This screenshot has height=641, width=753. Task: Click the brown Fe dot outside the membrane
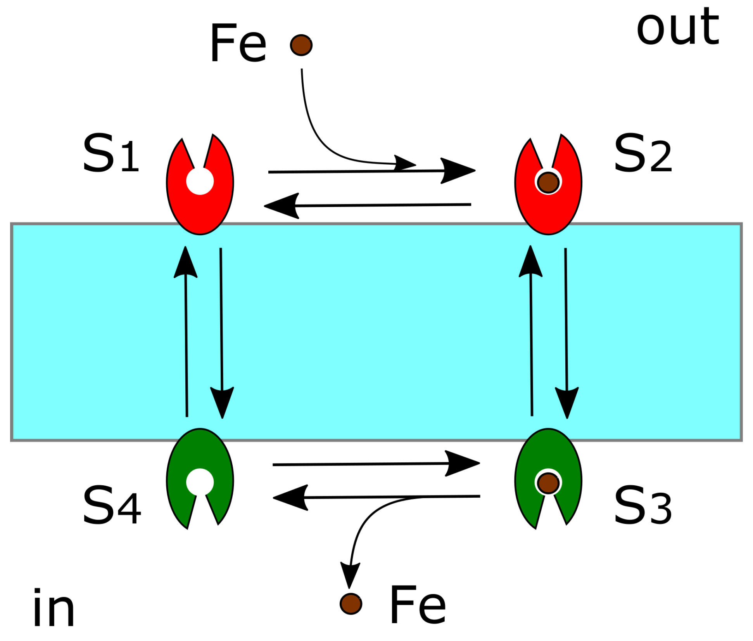tap(301, 45)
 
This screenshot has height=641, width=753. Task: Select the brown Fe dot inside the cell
tap(351, 604)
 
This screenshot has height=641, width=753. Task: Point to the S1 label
tap(111, 153)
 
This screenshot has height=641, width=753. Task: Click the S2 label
tap(642, 153)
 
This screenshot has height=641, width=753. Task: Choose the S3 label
tap(642, 506)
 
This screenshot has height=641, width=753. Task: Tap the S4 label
tap(112, 506)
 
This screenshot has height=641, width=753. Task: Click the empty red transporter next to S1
tap(200, 210)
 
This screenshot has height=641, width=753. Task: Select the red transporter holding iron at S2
tap(548, 212)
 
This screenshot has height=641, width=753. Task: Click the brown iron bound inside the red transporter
tap(548, 182)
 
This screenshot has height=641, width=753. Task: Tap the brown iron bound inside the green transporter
tap(548, 483)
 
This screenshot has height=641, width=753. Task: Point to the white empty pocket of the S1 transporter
tap(200, 181)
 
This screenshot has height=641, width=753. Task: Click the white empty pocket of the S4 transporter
tap(200, 482)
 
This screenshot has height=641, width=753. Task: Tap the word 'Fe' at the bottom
tap(418, 605)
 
